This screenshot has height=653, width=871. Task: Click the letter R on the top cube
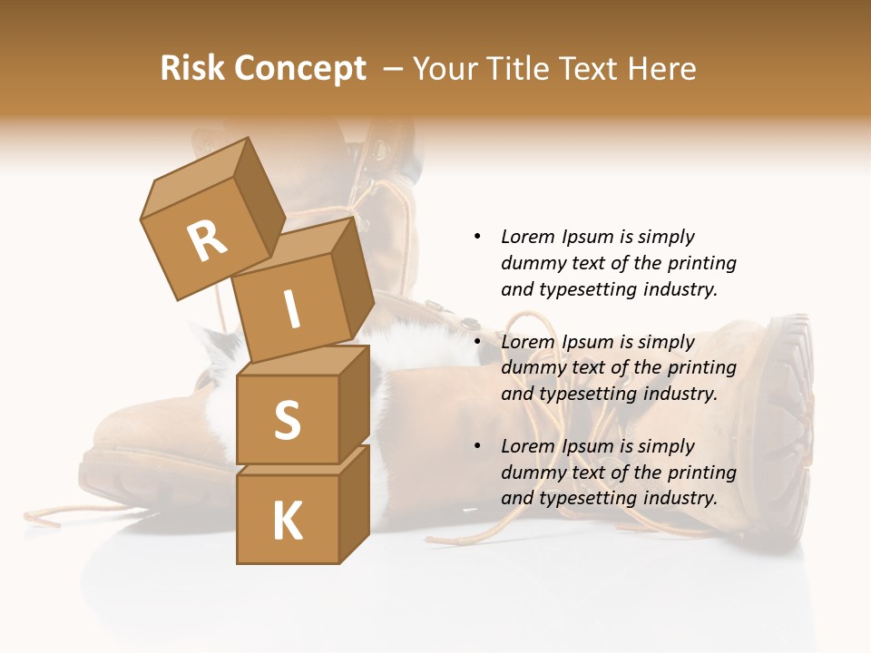pos(207,240)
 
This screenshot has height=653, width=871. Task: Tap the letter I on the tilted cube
pos(291,309)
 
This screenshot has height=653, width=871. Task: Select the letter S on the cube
pos(287,420)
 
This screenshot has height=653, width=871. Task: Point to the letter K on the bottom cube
pos(287,521)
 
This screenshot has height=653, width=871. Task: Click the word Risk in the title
pos(192,68)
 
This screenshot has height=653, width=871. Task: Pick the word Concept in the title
pos(300,68)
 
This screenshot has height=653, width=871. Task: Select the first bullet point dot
pos(477,237)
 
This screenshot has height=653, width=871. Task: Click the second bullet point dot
pos(477,342)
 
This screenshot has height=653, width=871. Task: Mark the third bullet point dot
pos(477,446)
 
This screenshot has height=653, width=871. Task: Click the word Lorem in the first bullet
pos(527,237)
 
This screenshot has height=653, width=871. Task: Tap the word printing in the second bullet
pos(701,368)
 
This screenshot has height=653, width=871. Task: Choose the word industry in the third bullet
pos(680,498)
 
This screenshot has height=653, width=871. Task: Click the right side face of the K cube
pos(354,503)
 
